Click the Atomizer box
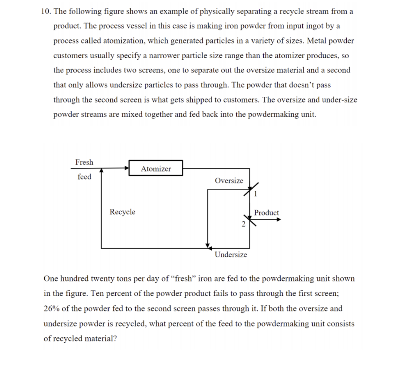[x=156, y=168]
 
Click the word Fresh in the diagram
[x=84, y=162]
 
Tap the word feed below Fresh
[x=84, y=177]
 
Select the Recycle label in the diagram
[x=122, y=212]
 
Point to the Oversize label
[x=229, y=181]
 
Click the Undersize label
[x=231, y=255]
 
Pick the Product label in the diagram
[x=266, y=213]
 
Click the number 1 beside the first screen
[x=255, y=194]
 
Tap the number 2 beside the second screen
[x=243, y=224]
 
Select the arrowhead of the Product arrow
[x=279, y=219]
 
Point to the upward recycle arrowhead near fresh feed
[x=101, y=171]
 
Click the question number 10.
[x=46, y=11]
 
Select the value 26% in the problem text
[x=52, y=309]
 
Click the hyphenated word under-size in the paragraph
[x=340, y=100]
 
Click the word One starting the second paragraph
[x=51, y=279]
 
